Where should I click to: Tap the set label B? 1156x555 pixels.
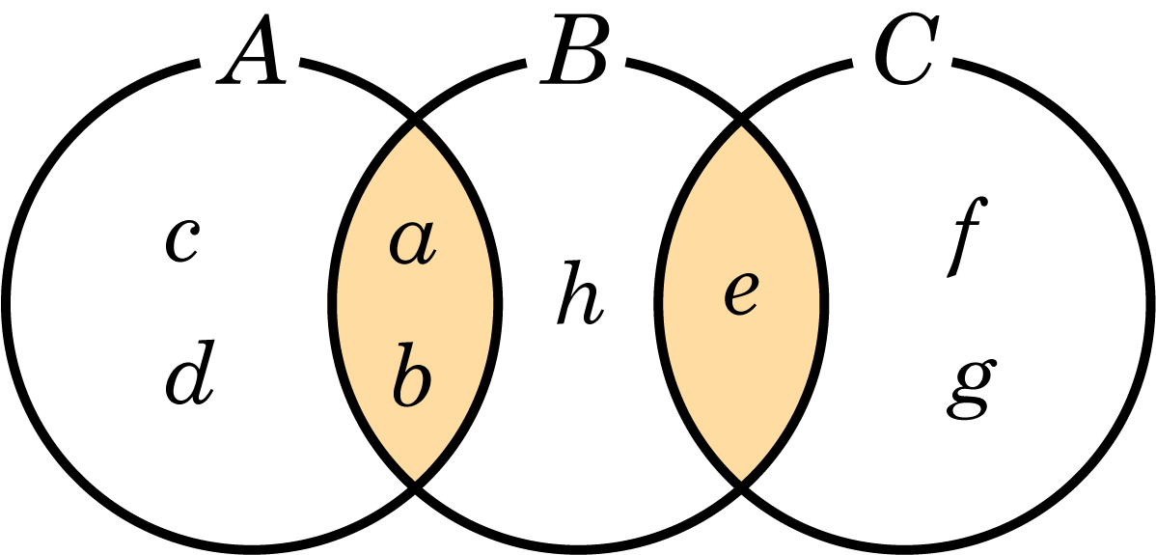[573, 48]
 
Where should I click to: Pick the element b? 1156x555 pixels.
[414, 374]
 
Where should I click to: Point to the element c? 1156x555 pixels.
[180, 240]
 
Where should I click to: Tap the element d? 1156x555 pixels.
[189, 373]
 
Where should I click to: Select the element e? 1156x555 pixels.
[742, 294]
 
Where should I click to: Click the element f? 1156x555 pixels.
[967, 237]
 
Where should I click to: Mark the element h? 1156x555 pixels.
[580, 292]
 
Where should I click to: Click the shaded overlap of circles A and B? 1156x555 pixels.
[415, 304]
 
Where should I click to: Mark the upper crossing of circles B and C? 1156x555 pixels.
[742, 120]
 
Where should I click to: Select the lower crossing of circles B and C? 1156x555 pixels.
[742, 487]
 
